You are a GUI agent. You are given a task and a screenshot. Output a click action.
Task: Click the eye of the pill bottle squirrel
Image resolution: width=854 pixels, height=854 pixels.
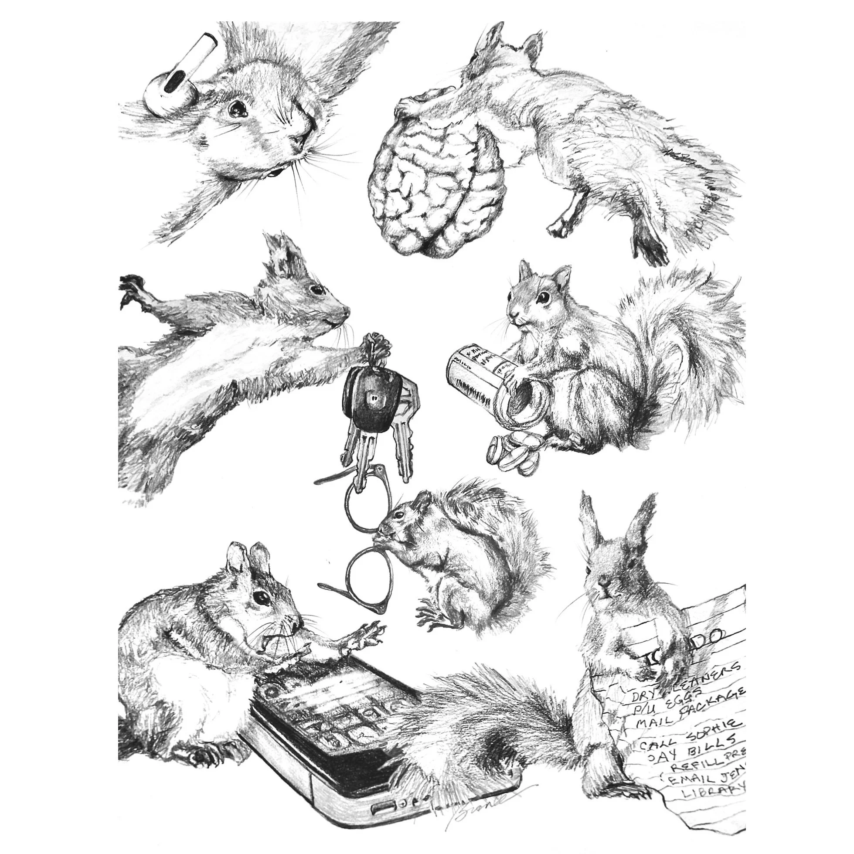(542, 298)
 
